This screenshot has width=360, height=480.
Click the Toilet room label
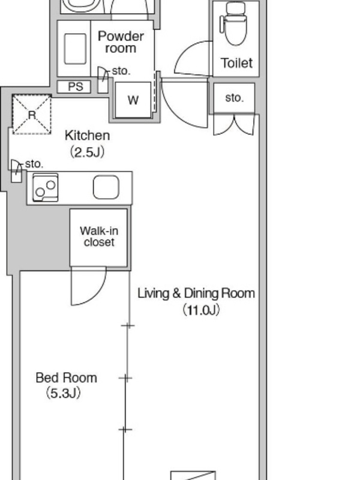[x=236, y=63]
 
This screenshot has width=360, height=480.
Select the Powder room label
[x=121, y=42]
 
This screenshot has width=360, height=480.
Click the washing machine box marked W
[x=133, y=100]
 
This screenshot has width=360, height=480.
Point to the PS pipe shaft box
[x=74, y=86]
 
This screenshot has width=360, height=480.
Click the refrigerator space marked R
[x=32, y=115]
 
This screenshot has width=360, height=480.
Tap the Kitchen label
[x=87, y=136]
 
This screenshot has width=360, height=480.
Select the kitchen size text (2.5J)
[x=87, y=152]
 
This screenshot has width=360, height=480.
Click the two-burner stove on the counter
[x=46, y=187]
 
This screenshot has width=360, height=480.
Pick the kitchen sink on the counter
[x=106, y=187]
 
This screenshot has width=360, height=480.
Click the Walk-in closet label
[x=99, y=236]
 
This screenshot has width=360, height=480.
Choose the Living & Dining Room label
[x=196, y=293]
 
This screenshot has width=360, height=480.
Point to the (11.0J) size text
[x=201, y=310]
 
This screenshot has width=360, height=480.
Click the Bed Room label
[x=66, y=378]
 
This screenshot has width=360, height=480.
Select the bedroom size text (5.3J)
[x=64, y=393]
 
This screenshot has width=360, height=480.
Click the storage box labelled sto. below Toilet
[x=234, y=98]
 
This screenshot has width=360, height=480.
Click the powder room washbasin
[x=75, y=49]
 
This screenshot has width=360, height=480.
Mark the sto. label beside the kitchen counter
[x=34, y=164]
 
